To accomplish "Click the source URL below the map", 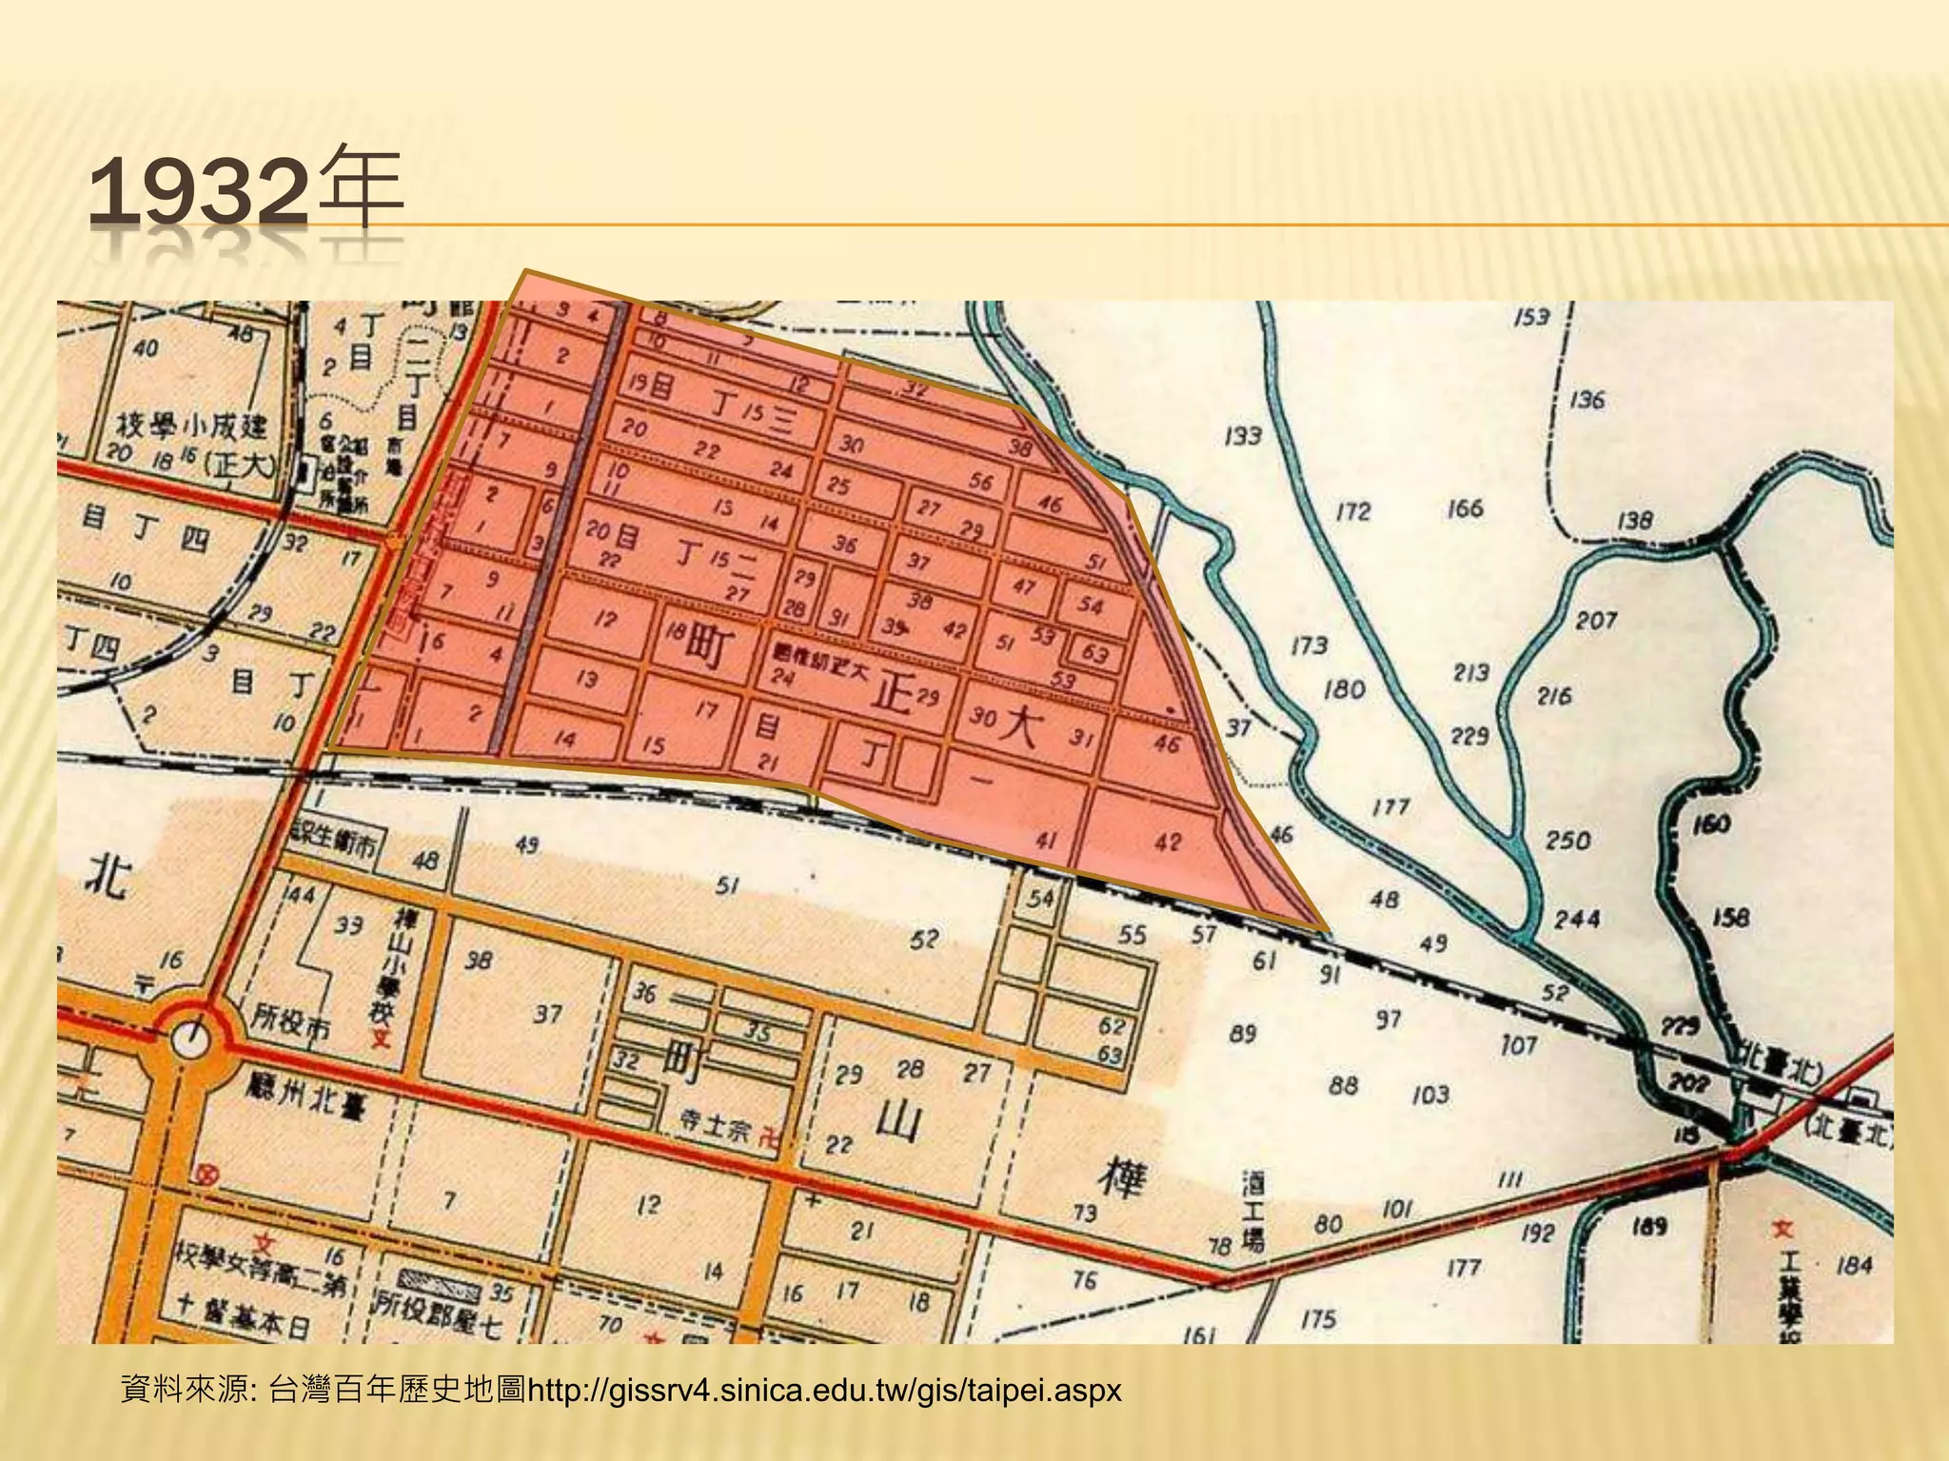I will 824,1391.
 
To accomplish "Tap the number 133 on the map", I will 1242,436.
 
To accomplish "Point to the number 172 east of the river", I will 1352,512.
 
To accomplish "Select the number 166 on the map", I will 1465,508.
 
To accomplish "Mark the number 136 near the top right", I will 1586,399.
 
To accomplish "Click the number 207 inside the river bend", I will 1596,620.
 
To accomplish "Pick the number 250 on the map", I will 1567,840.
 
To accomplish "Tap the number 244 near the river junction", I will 1577,919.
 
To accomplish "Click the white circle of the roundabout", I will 191,1042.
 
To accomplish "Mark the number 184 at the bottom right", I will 1854,1264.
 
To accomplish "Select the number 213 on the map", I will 1470,672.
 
